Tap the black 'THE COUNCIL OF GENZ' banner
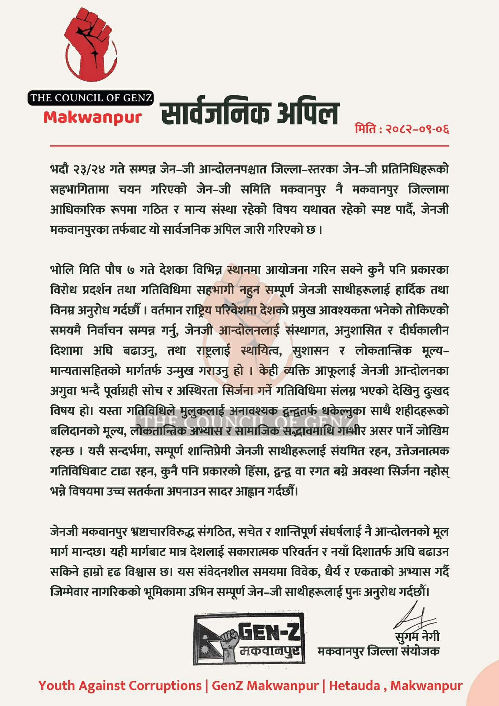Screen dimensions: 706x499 tap(91, 98)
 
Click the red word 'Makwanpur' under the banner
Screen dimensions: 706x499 tap(92, 118)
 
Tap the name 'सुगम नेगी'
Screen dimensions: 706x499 tap(417, 636)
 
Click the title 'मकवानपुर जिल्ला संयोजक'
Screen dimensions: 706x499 tap(378, 651)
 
